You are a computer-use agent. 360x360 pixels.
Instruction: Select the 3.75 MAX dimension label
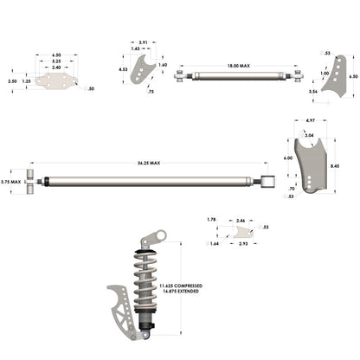pos(10,183)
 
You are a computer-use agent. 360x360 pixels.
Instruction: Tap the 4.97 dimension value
pos(309,120)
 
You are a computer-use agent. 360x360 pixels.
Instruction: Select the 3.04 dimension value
pos(309,135)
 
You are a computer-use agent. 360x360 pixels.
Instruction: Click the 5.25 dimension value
pos(55,61)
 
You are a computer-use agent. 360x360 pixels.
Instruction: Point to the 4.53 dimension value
pos(123,69)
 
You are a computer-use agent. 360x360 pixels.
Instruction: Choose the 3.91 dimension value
pos(143,42)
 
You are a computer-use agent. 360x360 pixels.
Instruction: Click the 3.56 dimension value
pos(312,90)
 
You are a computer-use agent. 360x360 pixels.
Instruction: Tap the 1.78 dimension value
pos(211,221)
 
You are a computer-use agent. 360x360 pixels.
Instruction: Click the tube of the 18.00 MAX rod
pos(239,76)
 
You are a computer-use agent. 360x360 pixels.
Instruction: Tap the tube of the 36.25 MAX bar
pos(147,182)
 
